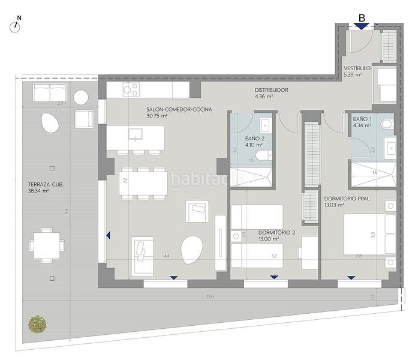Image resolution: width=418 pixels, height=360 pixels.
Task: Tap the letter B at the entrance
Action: point(362,18)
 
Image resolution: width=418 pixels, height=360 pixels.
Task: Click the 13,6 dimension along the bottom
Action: point(209,297)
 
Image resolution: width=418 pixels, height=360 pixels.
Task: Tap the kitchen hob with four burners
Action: point(130,89)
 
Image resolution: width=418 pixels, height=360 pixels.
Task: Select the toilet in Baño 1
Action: point(388,124)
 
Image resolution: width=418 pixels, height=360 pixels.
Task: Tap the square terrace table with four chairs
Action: point(46,245)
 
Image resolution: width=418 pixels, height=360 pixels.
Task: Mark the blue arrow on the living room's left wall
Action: point(108,236)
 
